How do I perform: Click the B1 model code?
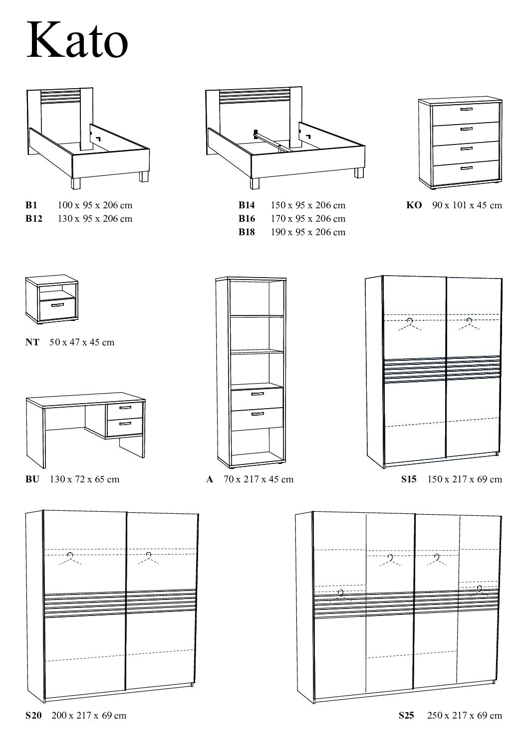click(31, 205)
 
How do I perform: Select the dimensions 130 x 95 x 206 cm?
click(95, 218)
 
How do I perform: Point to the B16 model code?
click(247, 218)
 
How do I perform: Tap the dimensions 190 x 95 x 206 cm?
click(308, 232)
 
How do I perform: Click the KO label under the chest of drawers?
click(414, 205)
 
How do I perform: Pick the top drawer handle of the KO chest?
click(466, 109)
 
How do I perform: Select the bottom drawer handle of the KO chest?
click(466, 168)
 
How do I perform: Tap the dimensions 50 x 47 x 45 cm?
click(82, 342)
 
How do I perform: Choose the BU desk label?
click(32, 479)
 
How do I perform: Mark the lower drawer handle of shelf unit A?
click(258, 414)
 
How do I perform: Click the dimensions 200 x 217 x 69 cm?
click(89, 716)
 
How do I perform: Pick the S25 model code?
click(407, 716)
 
